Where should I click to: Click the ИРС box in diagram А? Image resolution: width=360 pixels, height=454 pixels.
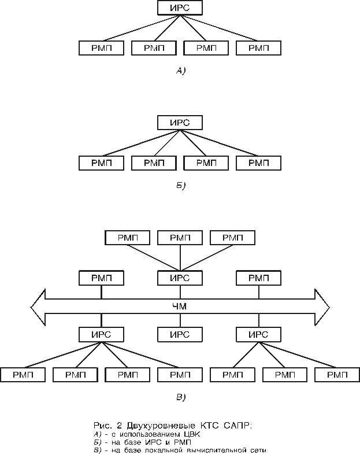[x=180, y=8]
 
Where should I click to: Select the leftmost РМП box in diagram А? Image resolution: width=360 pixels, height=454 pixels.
[x=101, y=48]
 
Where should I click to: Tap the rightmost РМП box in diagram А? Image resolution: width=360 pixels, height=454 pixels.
[x=259, y=48]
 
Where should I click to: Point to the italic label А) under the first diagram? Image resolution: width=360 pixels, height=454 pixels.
[x=180, y=71]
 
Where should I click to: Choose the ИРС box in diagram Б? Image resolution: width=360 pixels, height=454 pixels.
[x=180, y=123]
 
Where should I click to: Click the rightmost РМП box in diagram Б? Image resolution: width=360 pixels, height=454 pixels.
[x=259, y=163]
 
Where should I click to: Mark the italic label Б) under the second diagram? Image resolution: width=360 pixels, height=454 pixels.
[x=180, y=186]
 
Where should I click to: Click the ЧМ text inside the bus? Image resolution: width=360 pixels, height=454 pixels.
[x=180, y=306]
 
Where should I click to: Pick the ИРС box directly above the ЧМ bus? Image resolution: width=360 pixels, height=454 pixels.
[x=180, y=278]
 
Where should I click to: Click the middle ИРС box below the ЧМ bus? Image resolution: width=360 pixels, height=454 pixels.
[x=180, y=334]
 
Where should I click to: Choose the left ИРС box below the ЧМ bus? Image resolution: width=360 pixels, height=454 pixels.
[x=101, y=334]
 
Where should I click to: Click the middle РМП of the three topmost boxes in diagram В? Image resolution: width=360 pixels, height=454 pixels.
[x=180, y=238]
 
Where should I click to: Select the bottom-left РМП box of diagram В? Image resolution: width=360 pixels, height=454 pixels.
[x=22, y=375]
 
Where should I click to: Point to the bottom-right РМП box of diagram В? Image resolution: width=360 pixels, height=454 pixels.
[x=337, y=375]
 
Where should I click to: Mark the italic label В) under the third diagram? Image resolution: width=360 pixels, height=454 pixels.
[x=180, y=397]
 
